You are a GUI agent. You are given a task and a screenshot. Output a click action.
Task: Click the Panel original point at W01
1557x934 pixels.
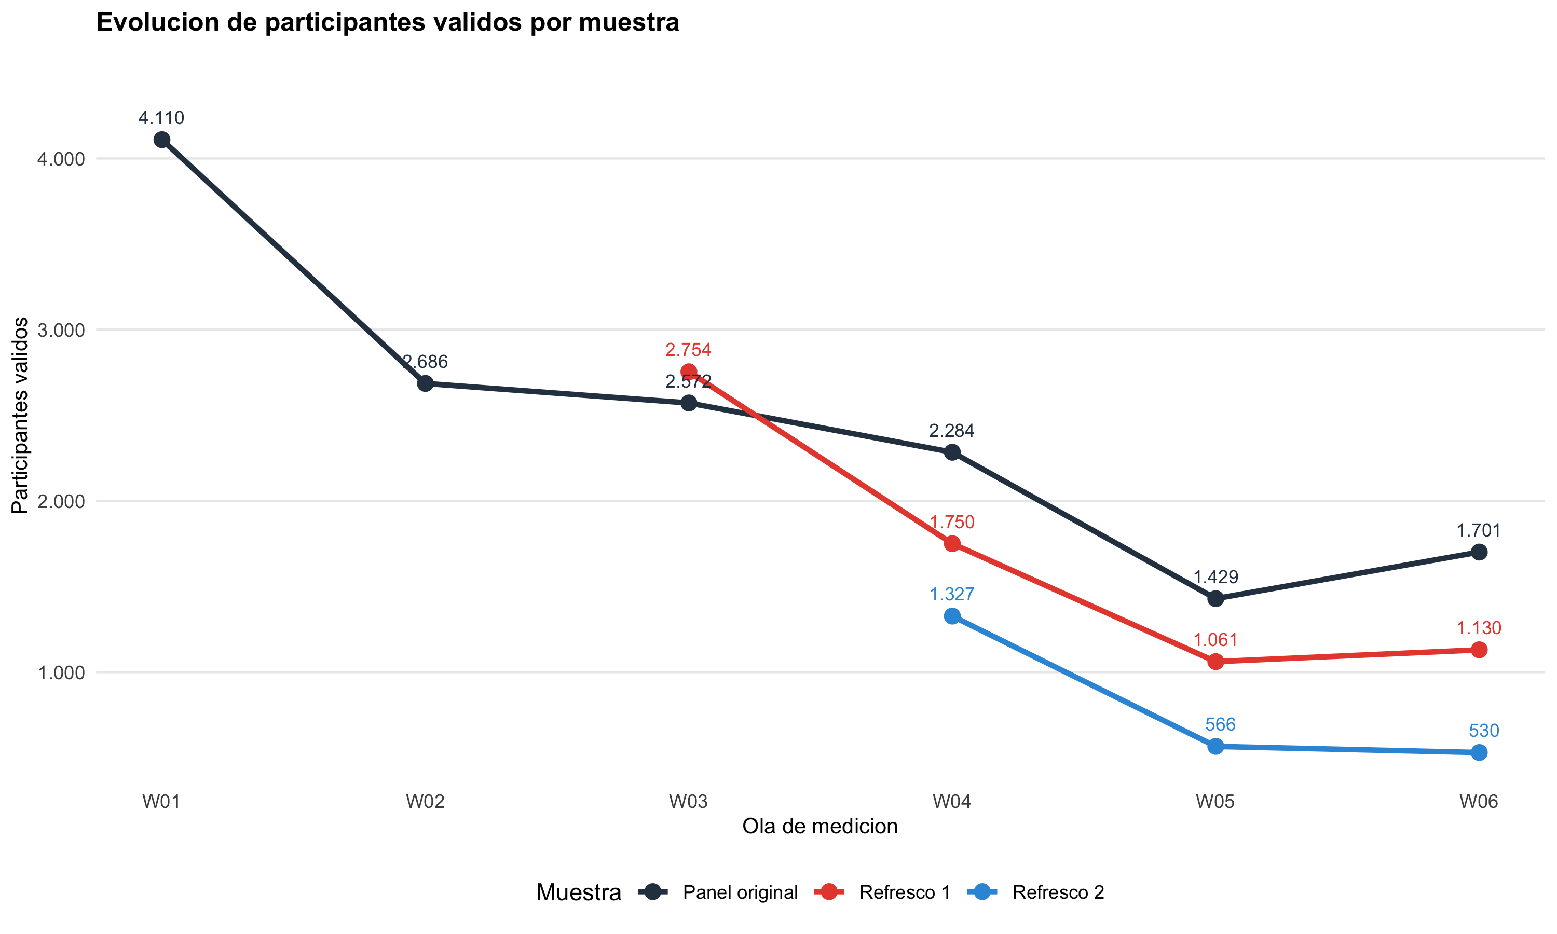162,140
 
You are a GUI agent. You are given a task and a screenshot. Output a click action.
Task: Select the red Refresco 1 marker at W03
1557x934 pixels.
689,372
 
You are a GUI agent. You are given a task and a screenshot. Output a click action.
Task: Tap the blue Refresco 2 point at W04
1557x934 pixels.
952,615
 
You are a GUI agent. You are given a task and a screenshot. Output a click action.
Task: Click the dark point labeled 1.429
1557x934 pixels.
1216,599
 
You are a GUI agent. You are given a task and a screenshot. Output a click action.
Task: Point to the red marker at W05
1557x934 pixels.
1216,662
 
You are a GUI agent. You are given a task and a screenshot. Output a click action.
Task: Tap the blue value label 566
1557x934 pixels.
1220,724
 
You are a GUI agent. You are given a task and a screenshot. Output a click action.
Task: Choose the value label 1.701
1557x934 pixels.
1478,531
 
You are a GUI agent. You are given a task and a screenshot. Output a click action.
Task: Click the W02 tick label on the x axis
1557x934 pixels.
425,802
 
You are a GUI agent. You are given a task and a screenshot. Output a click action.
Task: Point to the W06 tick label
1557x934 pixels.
1478,802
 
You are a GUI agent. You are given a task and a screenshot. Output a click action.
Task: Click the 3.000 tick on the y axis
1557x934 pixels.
61,331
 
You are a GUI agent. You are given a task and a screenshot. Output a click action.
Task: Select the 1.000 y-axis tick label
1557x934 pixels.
61,673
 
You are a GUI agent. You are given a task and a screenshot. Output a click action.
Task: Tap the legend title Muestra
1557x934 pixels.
578,892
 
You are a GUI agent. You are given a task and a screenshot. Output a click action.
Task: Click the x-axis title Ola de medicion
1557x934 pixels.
820,827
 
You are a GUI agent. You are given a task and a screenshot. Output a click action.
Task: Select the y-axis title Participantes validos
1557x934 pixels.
20,416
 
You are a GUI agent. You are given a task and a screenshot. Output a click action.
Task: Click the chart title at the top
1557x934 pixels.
388,23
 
